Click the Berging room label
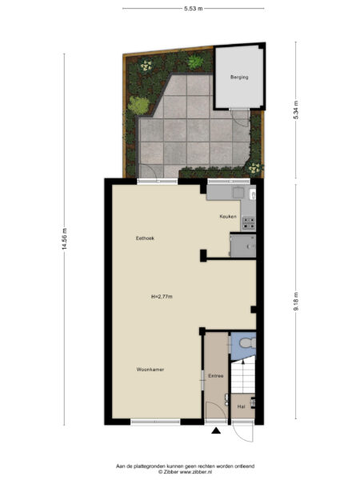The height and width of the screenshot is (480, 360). [239, 78]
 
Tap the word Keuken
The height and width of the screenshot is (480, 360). [228, 217]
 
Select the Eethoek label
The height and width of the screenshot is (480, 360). [145, 238]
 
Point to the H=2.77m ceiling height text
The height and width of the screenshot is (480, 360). [162, 297]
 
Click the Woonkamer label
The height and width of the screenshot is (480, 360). [150, 370]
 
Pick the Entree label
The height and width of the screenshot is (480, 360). [215, 375]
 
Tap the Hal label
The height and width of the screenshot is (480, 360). [241, 406]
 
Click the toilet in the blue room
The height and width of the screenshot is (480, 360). [246, 343]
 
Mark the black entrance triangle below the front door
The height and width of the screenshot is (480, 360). [216, 432]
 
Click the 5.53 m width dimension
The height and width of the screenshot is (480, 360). [193, 8]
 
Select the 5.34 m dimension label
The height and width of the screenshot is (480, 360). [296, 110]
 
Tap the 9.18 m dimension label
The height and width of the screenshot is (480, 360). [296, 300]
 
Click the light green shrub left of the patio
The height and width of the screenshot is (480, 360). [139, 105]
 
